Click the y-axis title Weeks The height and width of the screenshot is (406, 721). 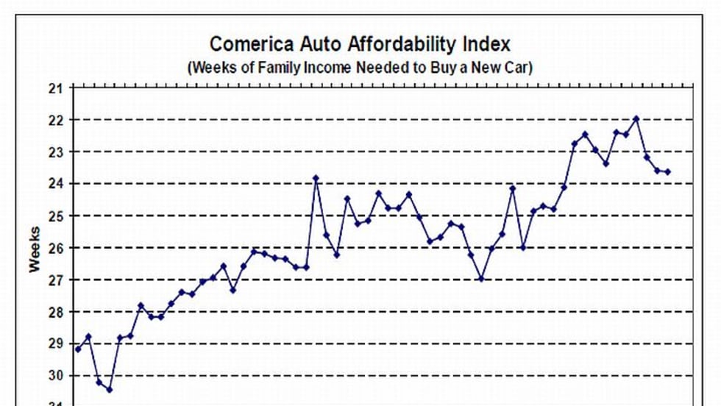tap(35, 249)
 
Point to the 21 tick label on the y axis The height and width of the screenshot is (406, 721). tap(57, 88)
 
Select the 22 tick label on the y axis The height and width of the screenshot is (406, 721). tap(57, 120)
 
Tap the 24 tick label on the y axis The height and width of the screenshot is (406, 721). tap(57, 184)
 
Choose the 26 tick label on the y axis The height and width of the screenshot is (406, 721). tap(57, 248)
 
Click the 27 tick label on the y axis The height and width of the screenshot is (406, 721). tap(57, 280)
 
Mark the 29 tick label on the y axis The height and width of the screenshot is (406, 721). tap(57, 344)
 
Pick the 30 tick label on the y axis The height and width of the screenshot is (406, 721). tap(57, 376)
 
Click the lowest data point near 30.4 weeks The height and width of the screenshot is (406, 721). tap(109, 389)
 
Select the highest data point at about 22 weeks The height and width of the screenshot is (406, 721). tap(636, 118)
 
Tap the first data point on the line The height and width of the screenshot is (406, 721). tap(78, 349)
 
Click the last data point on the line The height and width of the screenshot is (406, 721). tap(667, 172)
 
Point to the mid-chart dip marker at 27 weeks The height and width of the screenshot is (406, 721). tap(481, 279)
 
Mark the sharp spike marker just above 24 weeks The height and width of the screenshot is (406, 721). tap(316, 178)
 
